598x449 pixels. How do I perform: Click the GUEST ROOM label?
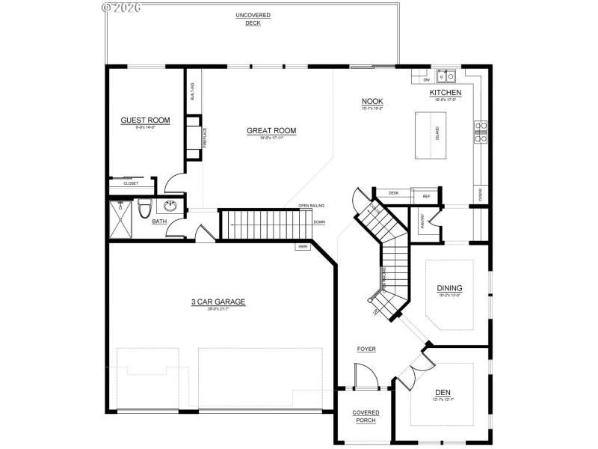coord(145,120)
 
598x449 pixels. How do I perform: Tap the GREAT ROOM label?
coord(271,131)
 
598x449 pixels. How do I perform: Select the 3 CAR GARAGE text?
coord(218,302)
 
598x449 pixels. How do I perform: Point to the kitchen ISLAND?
coord(431,135)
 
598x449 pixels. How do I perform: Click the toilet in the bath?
coord(144,208)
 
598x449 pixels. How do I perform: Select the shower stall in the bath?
coord(120,217)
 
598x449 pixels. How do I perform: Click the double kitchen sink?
coord(447,76)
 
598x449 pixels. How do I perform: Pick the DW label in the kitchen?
coord(426,79)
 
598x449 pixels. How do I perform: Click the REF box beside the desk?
coord(426,196)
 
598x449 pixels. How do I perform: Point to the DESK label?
coord(393,193)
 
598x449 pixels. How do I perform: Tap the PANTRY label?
coord(422,221)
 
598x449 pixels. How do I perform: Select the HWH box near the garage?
coord(303,246)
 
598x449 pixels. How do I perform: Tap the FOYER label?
coord(366,349)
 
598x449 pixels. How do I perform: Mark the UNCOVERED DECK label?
coord(253,19)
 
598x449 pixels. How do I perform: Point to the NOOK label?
coord(372,102)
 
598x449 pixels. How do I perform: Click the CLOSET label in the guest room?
coord(132,183)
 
